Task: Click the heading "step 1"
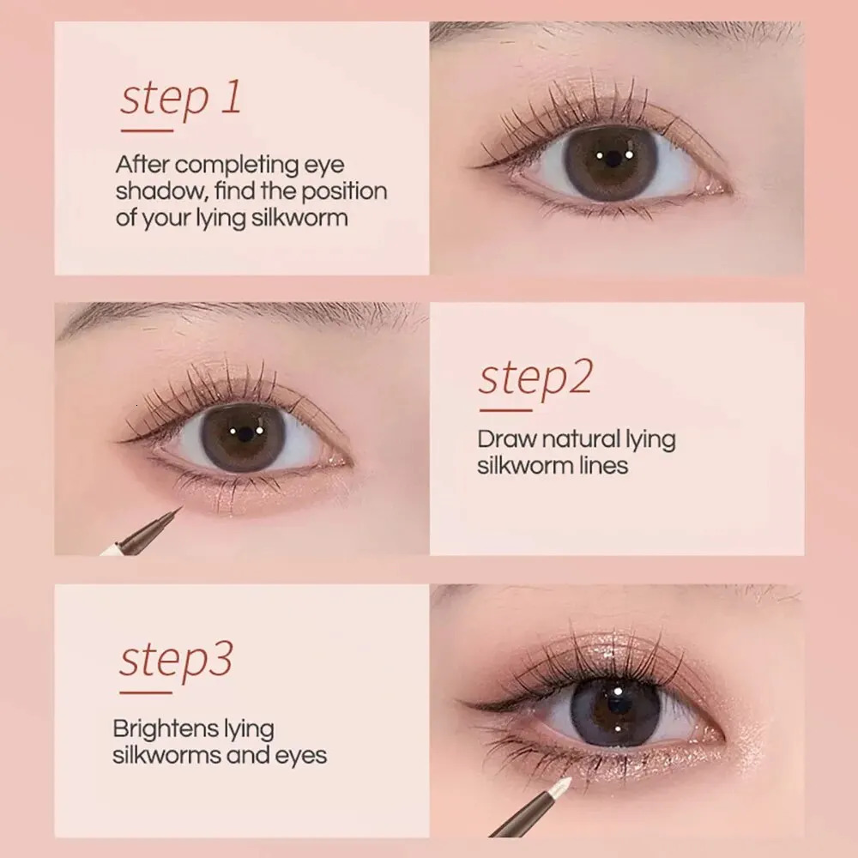click(180, 99)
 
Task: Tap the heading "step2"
click(535, 378)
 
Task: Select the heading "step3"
click(175, 661)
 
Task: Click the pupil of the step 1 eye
click(611, 160)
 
